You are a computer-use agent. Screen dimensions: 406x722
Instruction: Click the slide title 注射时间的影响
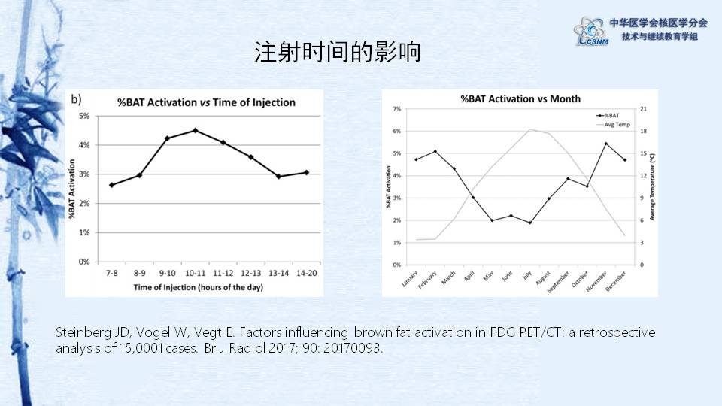tap(337, 53)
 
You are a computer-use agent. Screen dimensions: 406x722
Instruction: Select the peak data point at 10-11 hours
tap(195, 130)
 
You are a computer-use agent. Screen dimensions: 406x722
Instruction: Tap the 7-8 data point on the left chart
tap(111, 185)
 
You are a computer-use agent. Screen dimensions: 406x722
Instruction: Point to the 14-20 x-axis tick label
tap(305, 272)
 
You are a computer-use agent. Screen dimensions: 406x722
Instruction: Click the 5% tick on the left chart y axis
tap(83, 116)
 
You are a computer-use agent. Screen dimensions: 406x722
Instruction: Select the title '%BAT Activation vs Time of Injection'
tap(205, 102)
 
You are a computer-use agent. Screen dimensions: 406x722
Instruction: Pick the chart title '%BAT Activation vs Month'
tap(520, 98)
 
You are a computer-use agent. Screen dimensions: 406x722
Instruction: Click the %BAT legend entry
tap(611, 115)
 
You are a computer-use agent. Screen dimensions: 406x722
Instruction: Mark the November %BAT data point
tap(606, 144)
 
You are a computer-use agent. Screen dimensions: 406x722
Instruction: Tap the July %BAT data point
tap(529, 223)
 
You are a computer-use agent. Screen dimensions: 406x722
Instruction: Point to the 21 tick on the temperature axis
tap(644, 109)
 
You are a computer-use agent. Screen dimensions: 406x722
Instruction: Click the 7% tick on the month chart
tap(397, 109)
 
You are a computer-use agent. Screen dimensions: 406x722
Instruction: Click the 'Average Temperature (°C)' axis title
tap(653, 186)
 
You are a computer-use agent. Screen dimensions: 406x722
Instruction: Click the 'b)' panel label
tap(77, 98)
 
